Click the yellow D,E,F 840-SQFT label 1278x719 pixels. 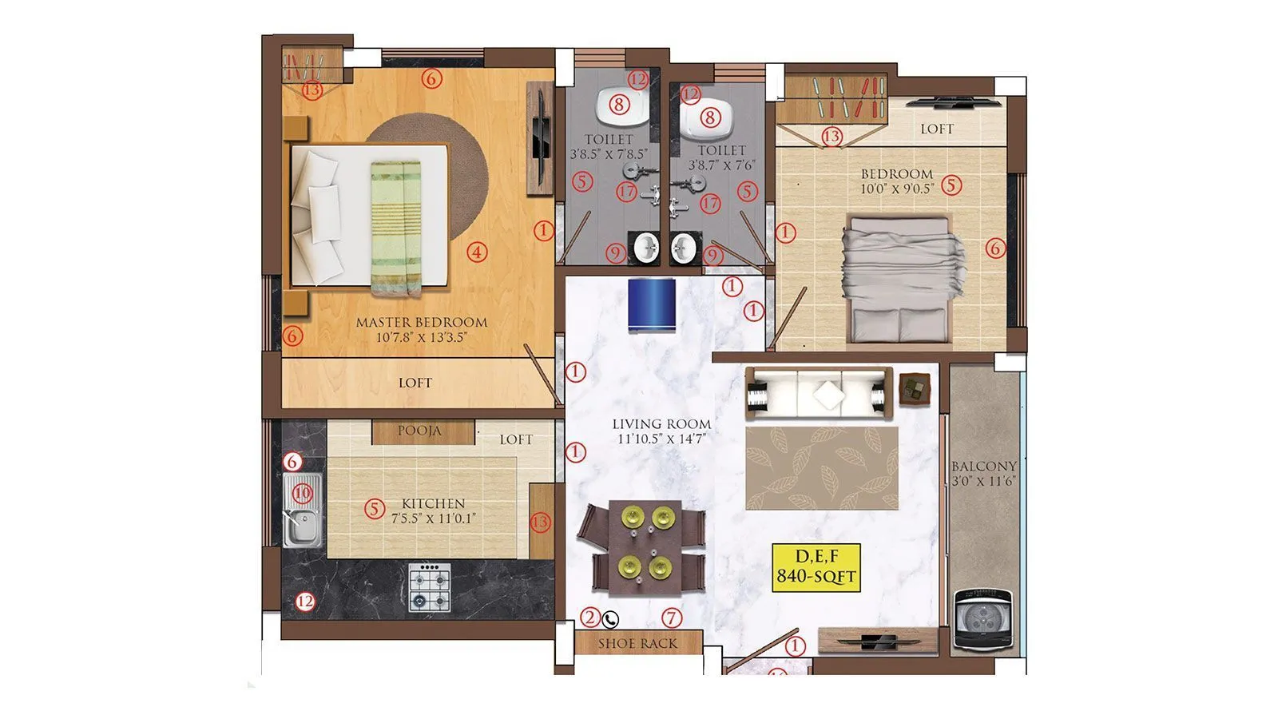coord(816,566)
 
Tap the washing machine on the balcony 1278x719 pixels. coord(983,620)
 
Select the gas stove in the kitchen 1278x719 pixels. coord(430,587)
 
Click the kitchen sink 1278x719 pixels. coord(302,510)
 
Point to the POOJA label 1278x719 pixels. coord(419,431)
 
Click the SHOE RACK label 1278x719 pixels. coord(637,643)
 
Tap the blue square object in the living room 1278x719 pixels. coord(652,304)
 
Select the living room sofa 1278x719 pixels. coord(819,393)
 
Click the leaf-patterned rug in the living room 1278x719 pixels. coord(821,467)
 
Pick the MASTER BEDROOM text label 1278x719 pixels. coord(421,323)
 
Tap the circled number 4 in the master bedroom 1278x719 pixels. coord(477,252)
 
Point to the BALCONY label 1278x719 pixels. coord(984,467)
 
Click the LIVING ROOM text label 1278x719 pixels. coord(661,424)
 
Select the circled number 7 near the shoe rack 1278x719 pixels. coord(672,617)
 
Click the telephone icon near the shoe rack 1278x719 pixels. coord(611,618)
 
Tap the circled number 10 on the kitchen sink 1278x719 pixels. coord(301,493)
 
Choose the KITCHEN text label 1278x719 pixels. coord(433,503)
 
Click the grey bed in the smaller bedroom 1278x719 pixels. coord(903,280)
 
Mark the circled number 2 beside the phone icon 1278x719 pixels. coord(590,617)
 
